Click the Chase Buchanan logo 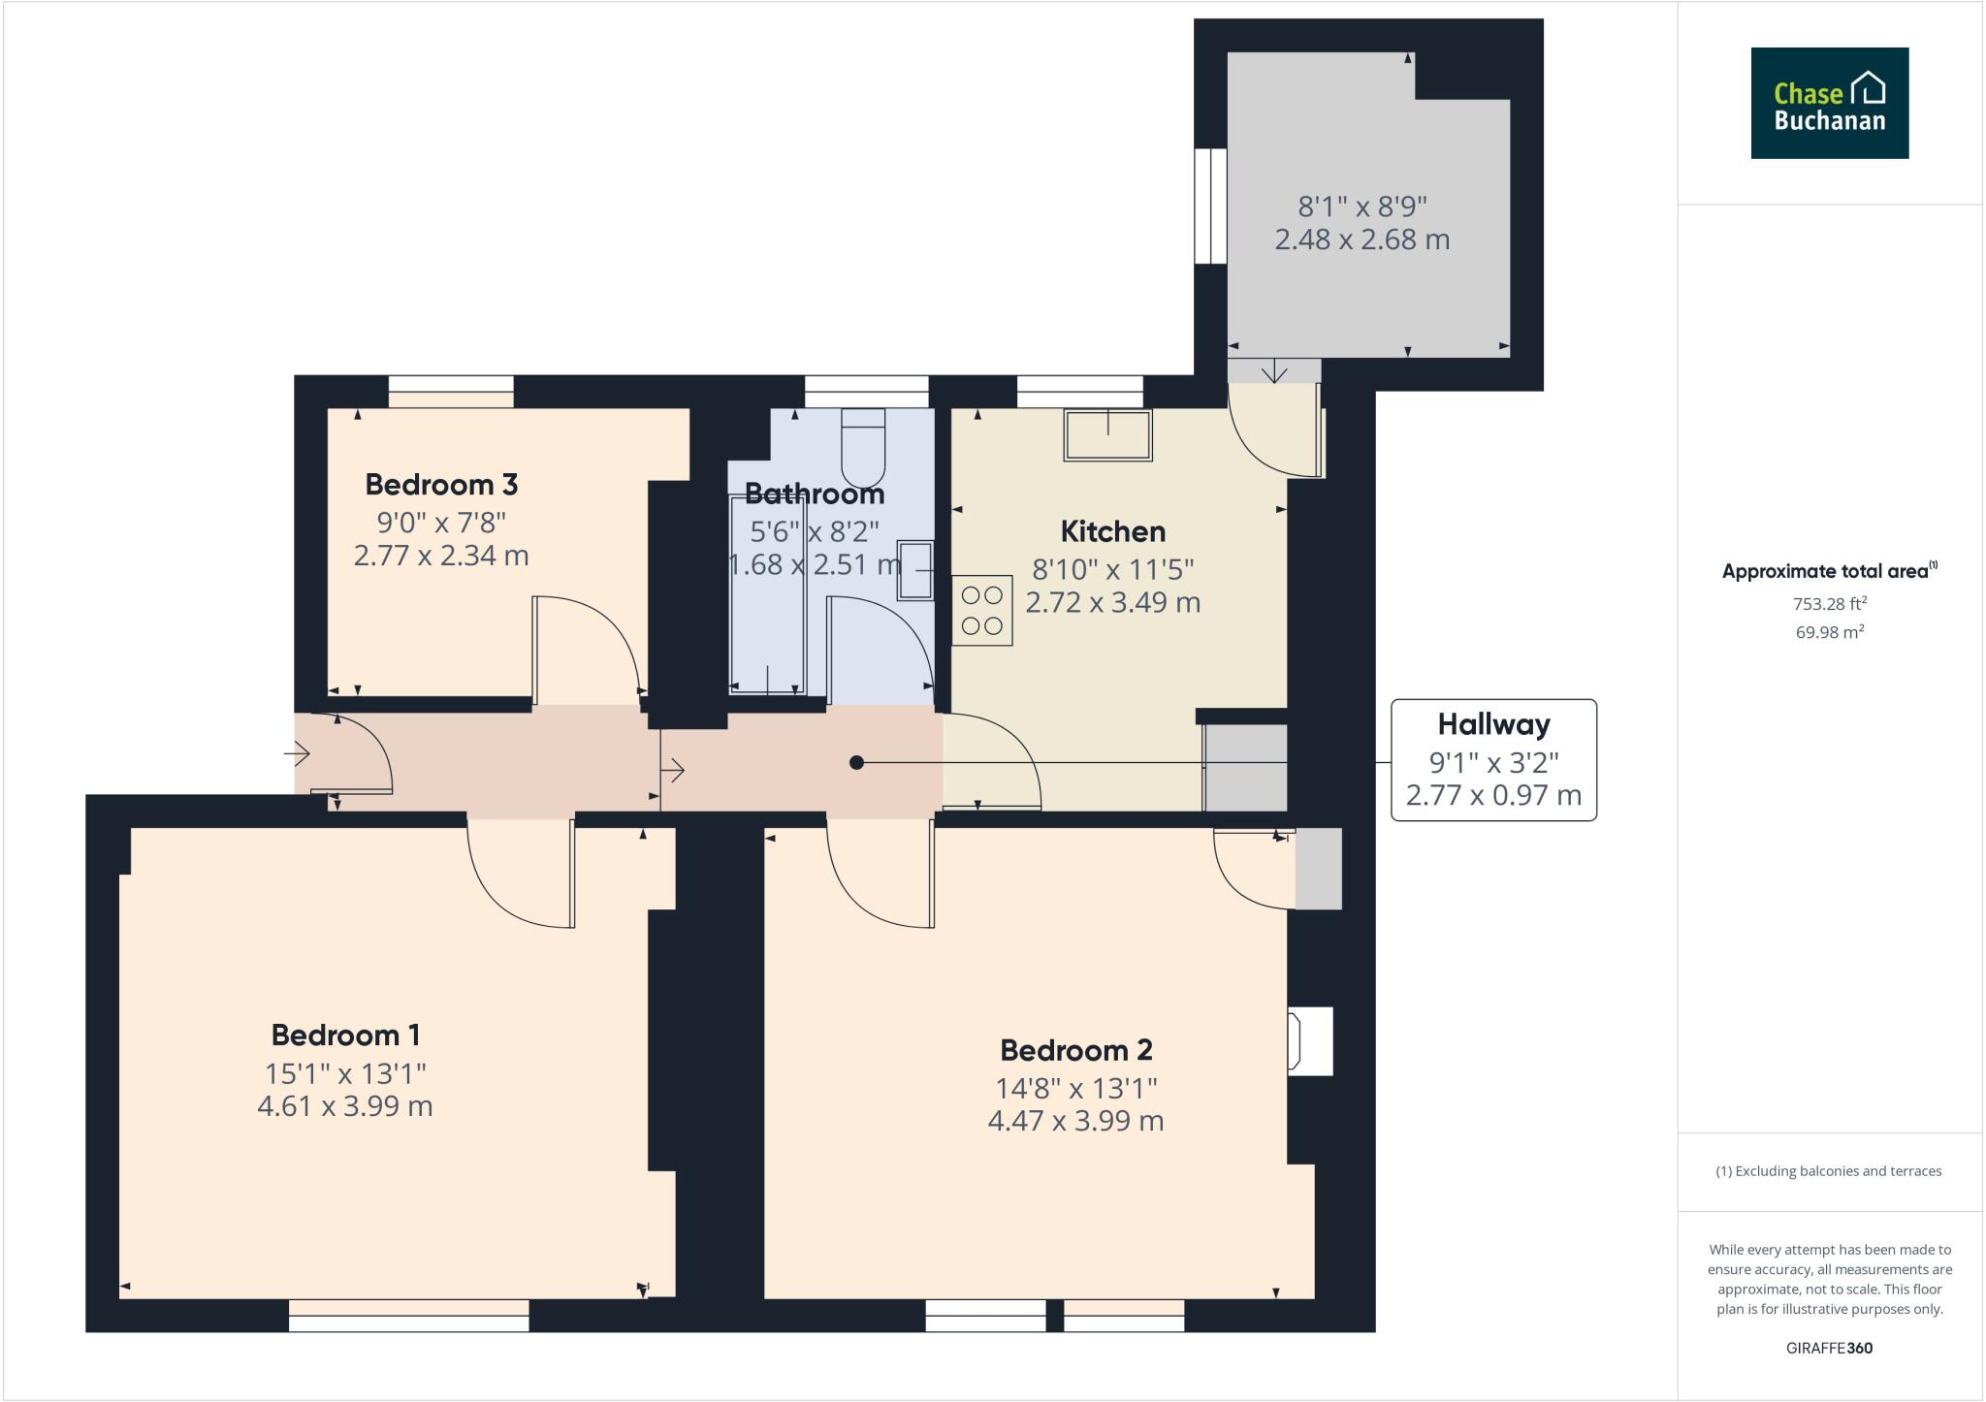tap(1829, 103)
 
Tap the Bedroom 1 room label tap(345, 1035)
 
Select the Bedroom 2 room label tap(1075, 1049)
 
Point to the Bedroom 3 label tap(440, 484)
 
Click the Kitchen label tap(1112, 531)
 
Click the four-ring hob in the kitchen tap(981, 611)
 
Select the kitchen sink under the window tap(1107, 434)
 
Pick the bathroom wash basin tap(915, 570)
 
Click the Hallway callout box tap(1493, 760)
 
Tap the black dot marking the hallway tap(856, 763)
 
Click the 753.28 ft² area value tap(1829, 604)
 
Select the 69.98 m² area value tap(1829, 632)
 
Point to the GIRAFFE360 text tap(1829, 1348)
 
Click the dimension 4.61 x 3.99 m tap(345, 1106)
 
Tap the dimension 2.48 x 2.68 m tap(1361, 239)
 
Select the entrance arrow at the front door tap(297, 752)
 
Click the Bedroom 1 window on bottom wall tap(409, 1316)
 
